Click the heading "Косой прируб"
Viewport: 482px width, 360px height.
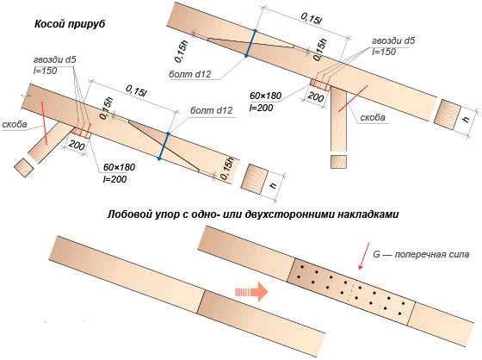70,24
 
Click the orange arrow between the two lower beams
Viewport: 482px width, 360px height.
251,292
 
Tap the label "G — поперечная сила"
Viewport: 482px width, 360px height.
421,255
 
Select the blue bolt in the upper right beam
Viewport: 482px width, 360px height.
250,43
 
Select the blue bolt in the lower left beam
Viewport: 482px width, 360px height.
164,146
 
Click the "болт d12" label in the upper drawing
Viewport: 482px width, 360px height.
189,74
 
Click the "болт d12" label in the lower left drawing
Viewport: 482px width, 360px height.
211,110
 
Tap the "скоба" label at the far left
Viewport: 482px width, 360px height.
15,124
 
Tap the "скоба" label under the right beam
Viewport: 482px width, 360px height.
373,117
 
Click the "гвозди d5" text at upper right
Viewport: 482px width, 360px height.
393,40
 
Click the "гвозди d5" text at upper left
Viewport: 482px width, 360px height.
54,59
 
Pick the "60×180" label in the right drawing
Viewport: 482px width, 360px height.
265,96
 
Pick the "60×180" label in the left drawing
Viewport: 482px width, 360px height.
120,167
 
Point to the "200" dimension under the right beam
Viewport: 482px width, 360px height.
316,96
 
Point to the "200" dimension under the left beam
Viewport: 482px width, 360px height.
77,145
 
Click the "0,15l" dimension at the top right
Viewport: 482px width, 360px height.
311,19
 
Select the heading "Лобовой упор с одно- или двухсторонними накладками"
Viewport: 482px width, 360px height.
253,214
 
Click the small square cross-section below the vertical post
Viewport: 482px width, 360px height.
338,162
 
